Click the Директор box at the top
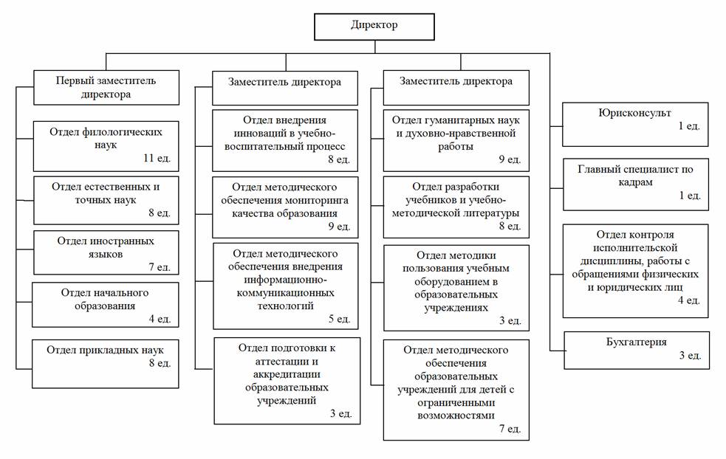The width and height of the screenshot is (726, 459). pos(374,27)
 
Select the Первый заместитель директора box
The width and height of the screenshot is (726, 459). pos(106,88)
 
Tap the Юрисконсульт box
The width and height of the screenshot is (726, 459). pos(635,125)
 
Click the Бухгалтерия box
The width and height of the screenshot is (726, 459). pos(637,351)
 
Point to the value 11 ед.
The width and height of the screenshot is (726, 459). pos(157,158)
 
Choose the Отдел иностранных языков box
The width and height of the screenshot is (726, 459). pos(106,252)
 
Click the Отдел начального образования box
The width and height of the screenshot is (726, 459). pos(105,305)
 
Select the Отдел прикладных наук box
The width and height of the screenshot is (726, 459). pos(105,364)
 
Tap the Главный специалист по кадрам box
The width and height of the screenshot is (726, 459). pos(636,184)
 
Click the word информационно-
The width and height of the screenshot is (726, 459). pos(285,280)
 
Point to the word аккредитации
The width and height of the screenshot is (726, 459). pos(287,374)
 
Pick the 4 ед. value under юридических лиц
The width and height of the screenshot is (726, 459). pos(689,300)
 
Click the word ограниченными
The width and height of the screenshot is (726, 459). pos(456,403)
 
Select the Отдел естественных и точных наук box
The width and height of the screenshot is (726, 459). pos(106,200)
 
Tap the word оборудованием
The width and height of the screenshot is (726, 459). pos(456,282)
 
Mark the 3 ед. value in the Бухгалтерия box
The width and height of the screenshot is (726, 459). pos(690,356)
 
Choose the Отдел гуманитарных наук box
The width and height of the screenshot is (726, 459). pos(456,141)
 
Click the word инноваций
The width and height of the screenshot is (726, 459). pos(258,134)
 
